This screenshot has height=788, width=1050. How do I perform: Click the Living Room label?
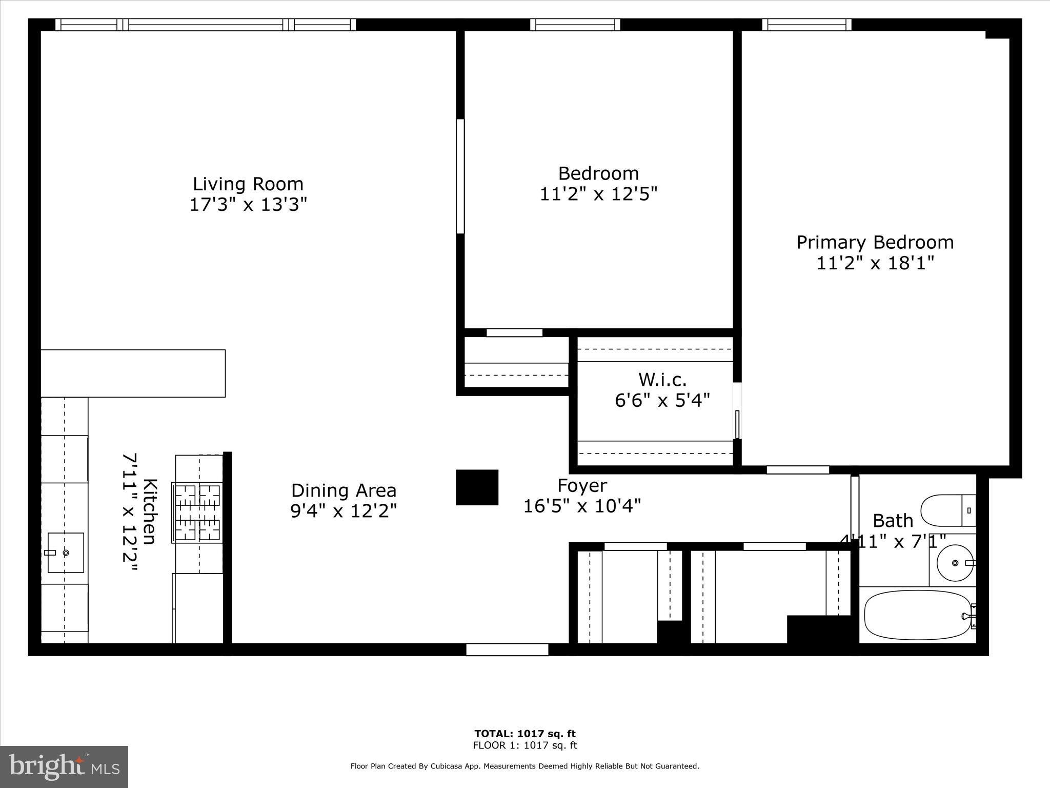click(248, 184)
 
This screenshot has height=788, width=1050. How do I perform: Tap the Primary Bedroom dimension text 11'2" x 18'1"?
click(875, 263)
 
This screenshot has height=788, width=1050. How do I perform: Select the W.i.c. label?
click(662, 380)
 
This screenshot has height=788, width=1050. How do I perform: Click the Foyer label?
click(582, 485)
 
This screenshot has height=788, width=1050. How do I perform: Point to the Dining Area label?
click(344, 490)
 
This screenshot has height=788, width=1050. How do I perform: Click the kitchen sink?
click(66, 553)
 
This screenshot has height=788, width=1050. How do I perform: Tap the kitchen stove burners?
click(197, 512)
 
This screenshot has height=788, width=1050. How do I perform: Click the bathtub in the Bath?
click(918, 615)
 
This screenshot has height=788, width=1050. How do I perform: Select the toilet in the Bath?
click(948, 510)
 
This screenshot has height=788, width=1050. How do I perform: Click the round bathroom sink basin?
click(955, 563)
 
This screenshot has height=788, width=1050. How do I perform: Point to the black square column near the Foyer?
click(477, 487)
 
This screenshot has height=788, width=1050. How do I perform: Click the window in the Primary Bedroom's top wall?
click(806, 25)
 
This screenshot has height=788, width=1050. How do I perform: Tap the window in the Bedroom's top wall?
click(575, 25)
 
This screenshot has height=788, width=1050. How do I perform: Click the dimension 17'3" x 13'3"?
click(248, 205)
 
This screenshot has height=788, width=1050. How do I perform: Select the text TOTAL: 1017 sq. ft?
click(525, 734)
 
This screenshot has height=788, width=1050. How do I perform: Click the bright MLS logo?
click(64, 767)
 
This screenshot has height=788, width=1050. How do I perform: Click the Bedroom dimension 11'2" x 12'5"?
click(598, 194)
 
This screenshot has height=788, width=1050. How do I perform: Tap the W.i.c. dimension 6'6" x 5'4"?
click(662, 400)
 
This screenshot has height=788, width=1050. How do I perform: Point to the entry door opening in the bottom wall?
click(507, 649)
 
